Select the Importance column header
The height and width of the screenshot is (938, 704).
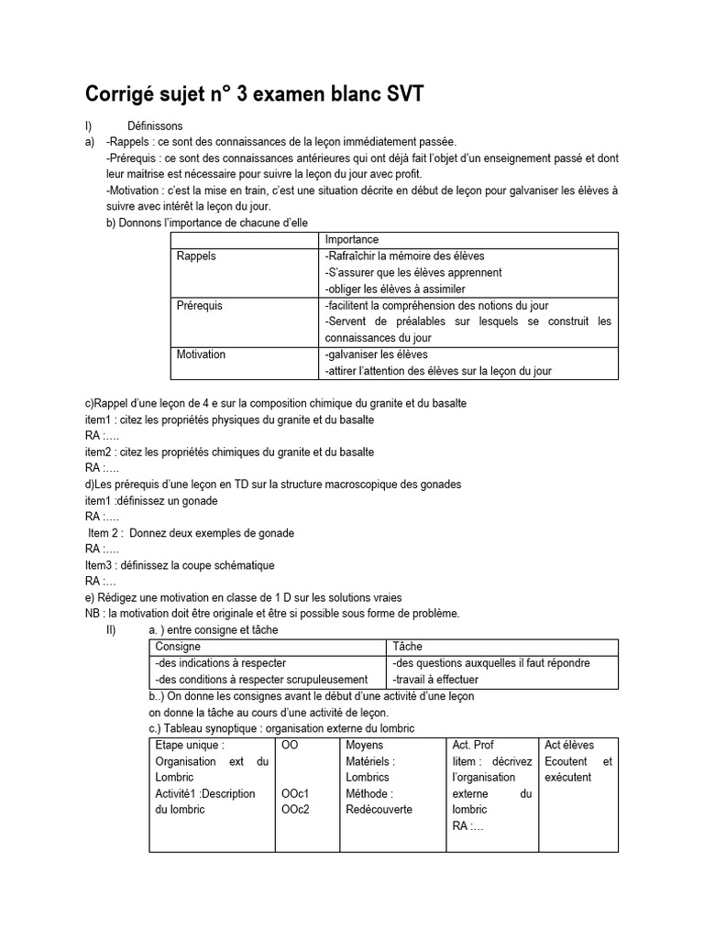(x=352, y=240)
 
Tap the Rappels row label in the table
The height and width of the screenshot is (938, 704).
(x=196, y=256)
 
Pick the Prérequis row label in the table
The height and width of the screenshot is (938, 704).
(x=200, y=306)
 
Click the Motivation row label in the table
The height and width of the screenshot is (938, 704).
(x=201, y=354)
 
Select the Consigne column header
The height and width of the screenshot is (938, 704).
(x=178, y=647)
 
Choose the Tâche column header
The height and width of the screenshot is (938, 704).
(x=407, y=647)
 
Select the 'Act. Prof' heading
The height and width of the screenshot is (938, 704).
(x=473, y=746)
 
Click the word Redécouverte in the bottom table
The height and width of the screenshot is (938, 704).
(x=379, y=810)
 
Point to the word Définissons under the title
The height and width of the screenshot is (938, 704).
(x=155, y=125)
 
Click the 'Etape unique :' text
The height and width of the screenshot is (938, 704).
(x=190, y=746)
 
